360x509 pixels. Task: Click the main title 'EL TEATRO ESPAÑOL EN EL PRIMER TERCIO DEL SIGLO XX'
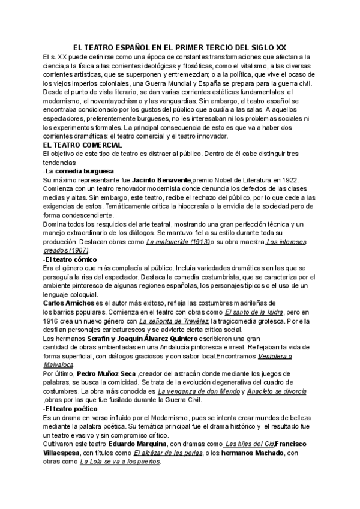(x=180, y=46)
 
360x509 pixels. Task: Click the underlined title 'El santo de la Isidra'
(x=254, y=312)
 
